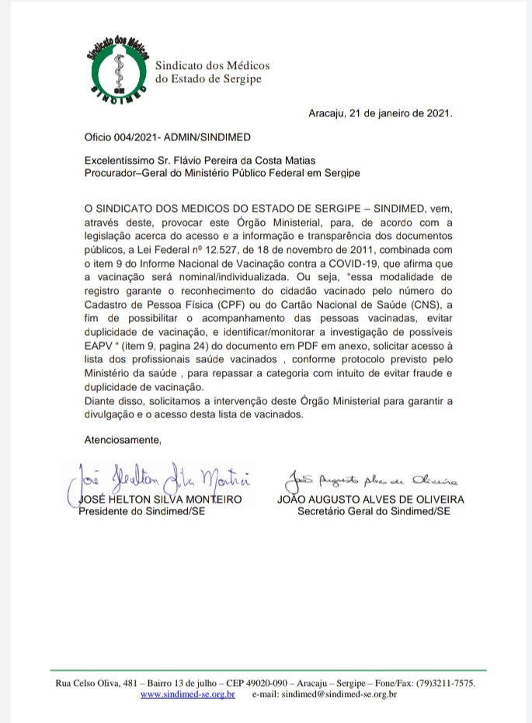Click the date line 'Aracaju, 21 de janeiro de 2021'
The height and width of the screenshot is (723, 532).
[380, 112]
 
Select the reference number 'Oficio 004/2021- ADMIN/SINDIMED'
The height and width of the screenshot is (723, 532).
[168, 137]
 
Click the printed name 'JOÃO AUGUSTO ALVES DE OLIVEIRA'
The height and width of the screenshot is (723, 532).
[370, 500]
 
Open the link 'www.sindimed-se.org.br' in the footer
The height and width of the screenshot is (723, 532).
[187, 694]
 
